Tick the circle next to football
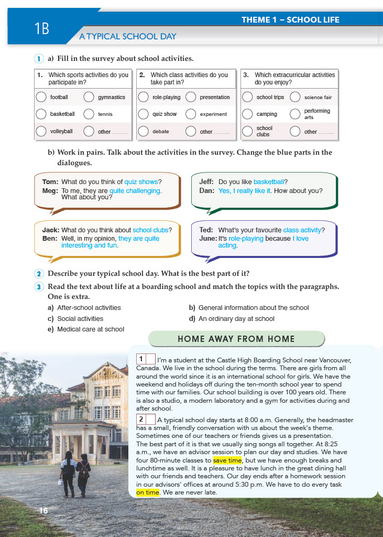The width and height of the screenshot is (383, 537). pos(42,97)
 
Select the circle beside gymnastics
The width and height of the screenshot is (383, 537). pos(89,97)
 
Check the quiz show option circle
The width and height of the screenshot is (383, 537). pos(144,114)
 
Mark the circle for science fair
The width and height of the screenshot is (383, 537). pos(295,97)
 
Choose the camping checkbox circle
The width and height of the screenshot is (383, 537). pos(248,114)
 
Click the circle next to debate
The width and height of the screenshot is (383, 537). pos(144,131)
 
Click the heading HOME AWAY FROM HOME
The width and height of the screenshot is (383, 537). pos(236,339)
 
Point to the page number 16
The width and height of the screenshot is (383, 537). pos(43,511)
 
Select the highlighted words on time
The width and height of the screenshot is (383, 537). pos(147,493)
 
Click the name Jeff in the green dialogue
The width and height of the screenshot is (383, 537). pos(206,182)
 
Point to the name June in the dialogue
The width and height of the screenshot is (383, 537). pos(208,239)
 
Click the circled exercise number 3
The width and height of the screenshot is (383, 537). pos(39,287)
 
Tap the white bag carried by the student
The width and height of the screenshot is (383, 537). pos(61,482)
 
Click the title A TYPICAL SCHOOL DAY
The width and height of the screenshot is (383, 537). pos(127,37)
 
